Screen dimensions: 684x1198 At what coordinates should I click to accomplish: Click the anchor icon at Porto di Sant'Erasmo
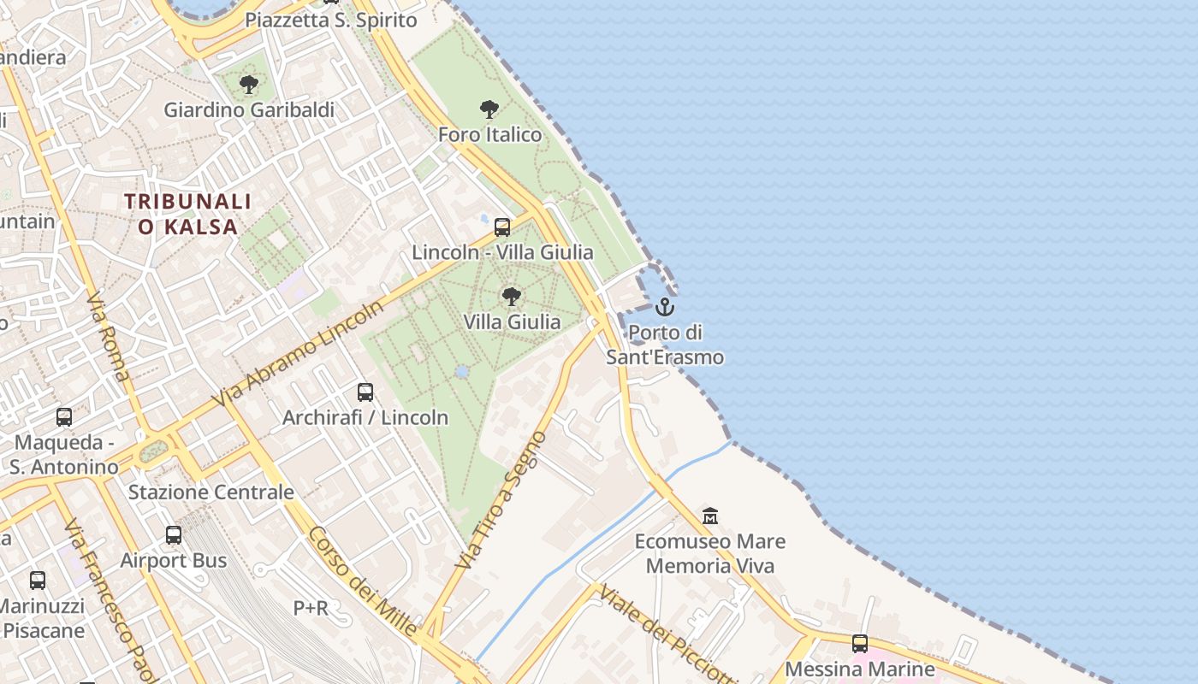point(665,306)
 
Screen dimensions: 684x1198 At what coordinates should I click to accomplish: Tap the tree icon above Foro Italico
point(489,109)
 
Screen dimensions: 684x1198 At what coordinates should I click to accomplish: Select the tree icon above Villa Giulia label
point(512,297)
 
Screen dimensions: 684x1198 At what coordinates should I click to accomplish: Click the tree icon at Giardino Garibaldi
point(249,85)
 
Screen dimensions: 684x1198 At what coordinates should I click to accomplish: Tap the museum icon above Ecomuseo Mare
point(710,516)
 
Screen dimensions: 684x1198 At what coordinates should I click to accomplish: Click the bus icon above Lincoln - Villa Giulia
point(502,227)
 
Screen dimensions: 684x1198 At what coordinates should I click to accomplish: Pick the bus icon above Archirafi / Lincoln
point(365,392)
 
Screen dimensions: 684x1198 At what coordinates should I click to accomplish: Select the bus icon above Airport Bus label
point(174,535)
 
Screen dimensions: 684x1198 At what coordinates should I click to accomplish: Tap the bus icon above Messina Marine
point(860,644)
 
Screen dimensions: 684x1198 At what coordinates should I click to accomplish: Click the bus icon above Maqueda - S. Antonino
point(64,417)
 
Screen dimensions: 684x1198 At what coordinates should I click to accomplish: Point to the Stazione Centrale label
point(211,492)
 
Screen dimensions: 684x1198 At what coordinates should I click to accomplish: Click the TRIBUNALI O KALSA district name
point(187,214)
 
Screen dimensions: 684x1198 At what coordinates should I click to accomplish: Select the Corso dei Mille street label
point(362,581)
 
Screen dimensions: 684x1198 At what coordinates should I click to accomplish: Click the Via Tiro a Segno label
point(501,500)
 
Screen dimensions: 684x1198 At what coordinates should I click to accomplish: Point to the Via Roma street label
point(109,337)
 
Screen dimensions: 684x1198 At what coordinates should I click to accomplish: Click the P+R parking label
point(311,608)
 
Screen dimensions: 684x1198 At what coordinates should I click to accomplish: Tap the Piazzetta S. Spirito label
point(331,20)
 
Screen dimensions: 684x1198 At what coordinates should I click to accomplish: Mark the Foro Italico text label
point(490,134)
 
